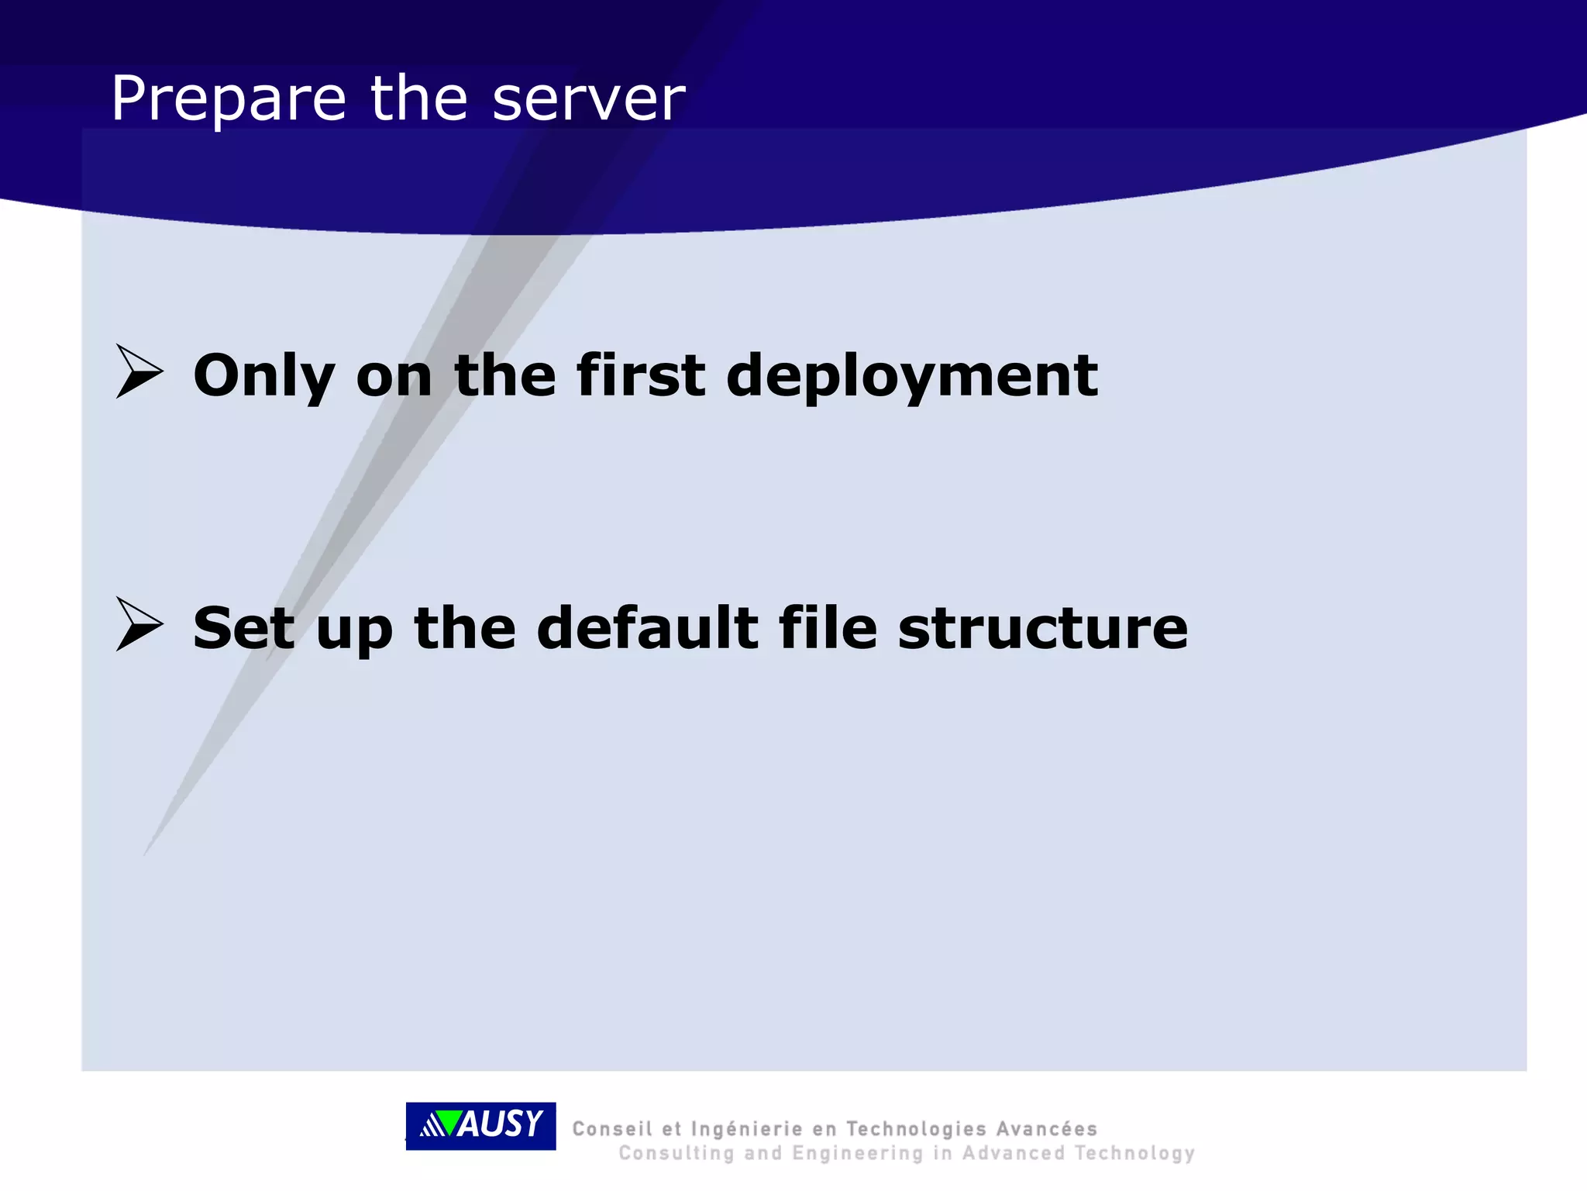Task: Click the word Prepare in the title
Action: [x=228, y=99]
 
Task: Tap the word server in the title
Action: [x=588, y=99]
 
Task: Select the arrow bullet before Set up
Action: [x=139, y=624]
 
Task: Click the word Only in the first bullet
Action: [x=263, y=376]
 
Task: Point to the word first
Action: [x=640, y=376]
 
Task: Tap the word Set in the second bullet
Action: [x=243, y=628]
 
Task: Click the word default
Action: [x=647, y=628]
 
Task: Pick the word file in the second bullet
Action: [x=827, y=628]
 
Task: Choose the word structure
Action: [x=1042, y=628]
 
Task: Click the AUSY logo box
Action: [x=480, y=1125]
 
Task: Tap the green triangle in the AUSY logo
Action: [x=446, y=1123]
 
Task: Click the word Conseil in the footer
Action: [x=611, y=1129]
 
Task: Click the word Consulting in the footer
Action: [x=676, y=1154]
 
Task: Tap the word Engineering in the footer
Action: [x=858, y=1154]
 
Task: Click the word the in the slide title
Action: [x=418, y=99]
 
